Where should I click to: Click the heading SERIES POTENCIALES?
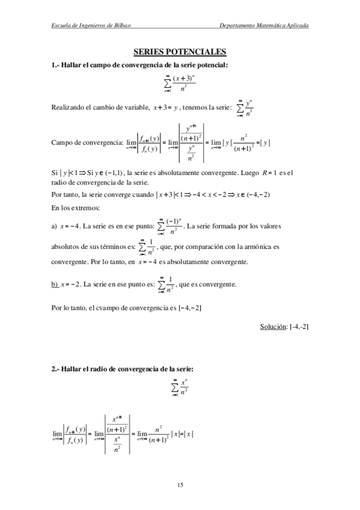(180, 53)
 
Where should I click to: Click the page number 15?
(180, 485)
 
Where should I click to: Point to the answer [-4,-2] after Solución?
(299, 326)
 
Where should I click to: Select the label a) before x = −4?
(54, 226)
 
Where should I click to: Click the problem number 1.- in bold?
(56, 64)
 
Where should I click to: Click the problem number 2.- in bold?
(56, 369)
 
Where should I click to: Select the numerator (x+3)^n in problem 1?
(183, 79)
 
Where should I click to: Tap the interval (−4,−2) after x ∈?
(257, 195)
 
